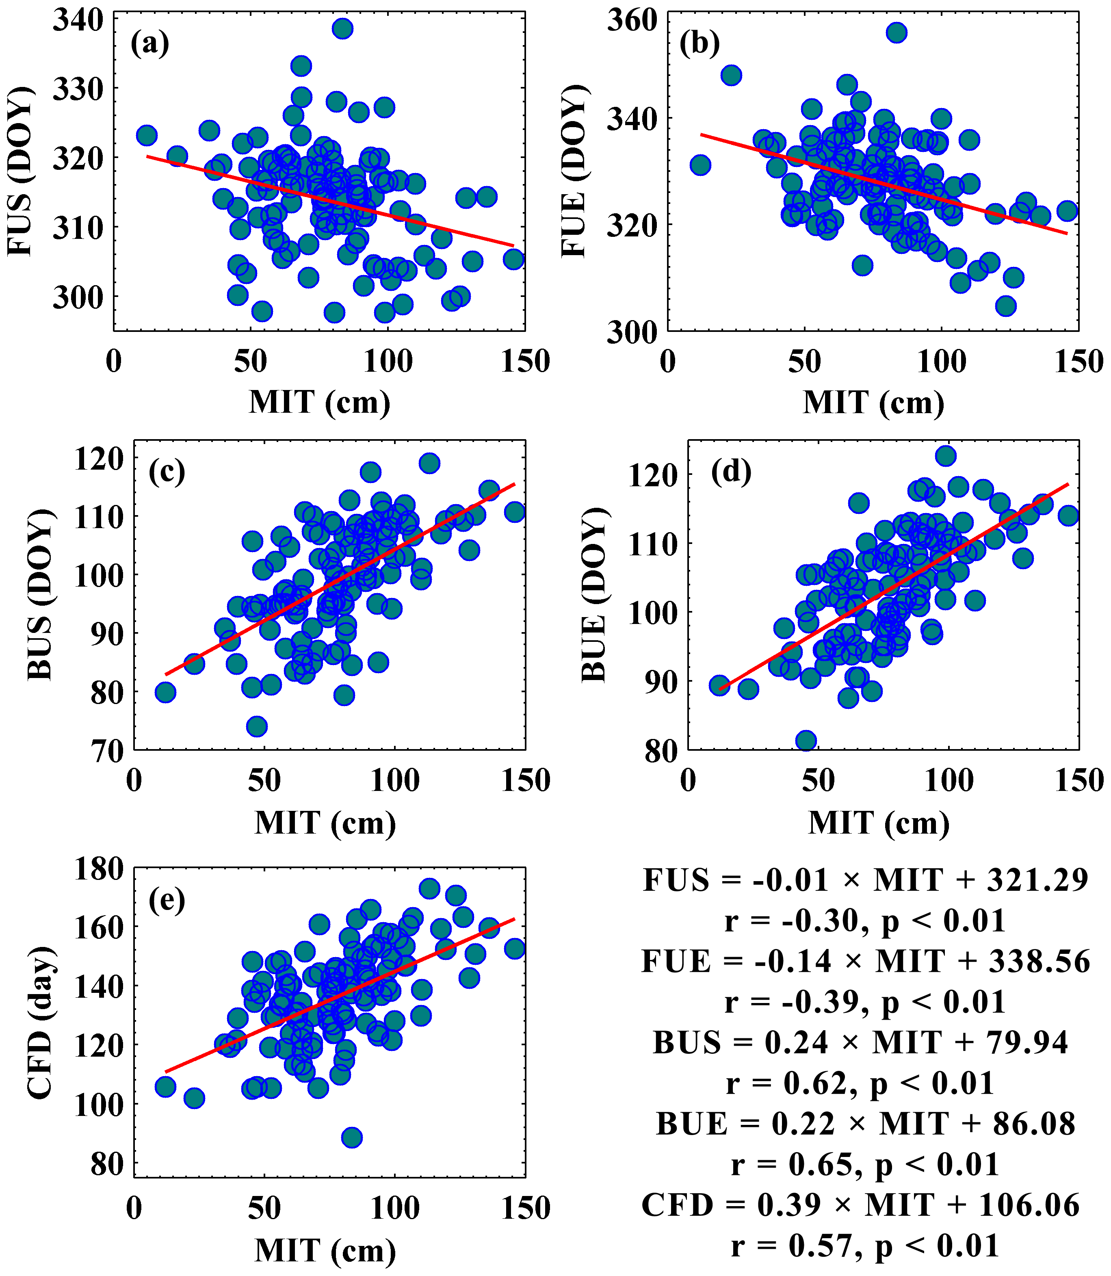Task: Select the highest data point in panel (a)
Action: click(342, 28)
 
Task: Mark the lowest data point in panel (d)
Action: click(806, 740)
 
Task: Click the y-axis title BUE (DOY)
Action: click(594, 595)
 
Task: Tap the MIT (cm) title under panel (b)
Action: click(873, 403)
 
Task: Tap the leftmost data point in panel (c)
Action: click(165, 692)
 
